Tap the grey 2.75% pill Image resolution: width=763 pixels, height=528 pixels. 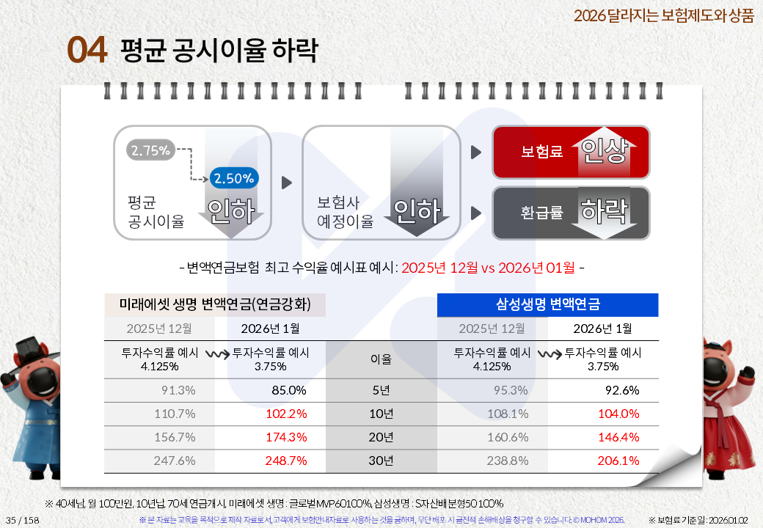pos(150,151)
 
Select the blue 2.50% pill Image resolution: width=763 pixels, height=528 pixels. pos(234,177)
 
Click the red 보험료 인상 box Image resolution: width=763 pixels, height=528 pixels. pos(571,152)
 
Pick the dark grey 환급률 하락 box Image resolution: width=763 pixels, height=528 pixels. pos(571,213)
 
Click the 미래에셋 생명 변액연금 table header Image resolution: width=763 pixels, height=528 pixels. pos(214,304)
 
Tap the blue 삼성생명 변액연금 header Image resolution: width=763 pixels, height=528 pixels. pos(547,304)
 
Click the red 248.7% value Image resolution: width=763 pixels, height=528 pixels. pos(286,461)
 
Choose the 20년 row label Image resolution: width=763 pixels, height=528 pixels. pos(381,437)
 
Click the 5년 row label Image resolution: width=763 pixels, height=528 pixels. pos(381,390)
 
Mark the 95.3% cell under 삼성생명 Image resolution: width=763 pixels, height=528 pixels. pos(511,390)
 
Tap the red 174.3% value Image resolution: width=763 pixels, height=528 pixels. pos(286,437)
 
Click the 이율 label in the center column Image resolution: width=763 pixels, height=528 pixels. pos(381,359)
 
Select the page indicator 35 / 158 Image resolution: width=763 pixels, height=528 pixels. pos(23,520)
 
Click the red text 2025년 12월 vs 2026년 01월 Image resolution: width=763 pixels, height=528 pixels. pos(488,267)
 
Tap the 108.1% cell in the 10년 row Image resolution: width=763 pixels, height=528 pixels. pos(508,414)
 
